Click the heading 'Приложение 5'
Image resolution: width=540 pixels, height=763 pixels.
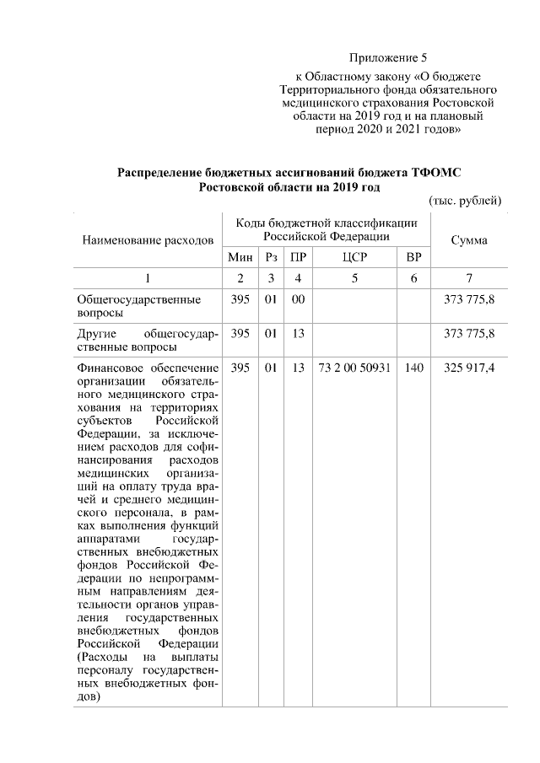[389, 58]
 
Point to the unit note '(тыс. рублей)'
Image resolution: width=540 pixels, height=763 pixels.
[466, 201]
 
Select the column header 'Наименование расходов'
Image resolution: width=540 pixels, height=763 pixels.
[148, 240]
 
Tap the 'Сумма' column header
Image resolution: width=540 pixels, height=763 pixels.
[468, 240]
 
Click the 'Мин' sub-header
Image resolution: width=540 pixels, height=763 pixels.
[241, 257]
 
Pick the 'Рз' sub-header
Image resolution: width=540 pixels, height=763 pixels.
[271, 257]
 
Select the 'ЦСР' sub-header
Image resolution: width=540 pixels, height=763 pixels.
[353, 257]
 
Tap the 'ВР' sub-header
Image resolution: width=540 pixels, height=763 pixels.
[413, 257]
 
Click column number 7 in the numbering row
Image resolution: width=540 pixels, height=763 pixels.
[468, 278]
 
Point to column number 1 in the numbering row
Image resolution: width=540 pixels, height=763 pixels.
[148, 278]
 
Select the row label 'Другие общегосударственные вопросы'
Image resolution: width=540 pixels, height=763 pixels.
[148, 340]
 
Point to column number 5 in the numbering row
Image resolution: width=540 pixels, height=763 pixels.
[353, 278]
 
